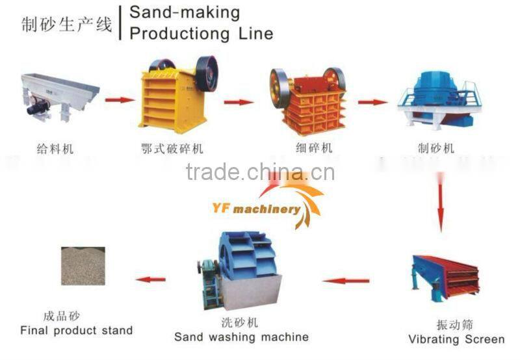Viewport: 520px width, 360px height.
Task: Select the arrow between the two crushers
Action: click(x=239, y=102)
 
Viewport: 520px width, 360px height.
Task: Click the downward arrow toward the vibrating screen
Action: click(x=441, y=205)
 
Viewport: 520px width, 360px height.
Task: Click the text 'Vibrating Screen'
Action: click(x=456, y=339)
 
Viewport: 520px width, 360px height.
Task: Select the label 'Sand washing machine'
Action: click(x=241, y=337)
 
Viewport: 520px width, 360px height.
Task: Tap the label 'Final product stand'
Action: click(x=76, y=331)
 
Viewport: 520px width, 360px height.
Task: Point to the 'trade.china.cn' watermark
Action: click(x=259, y=172)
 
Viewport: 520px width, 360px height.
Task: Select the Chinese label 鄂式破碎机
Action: click(x=172, y=149)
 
